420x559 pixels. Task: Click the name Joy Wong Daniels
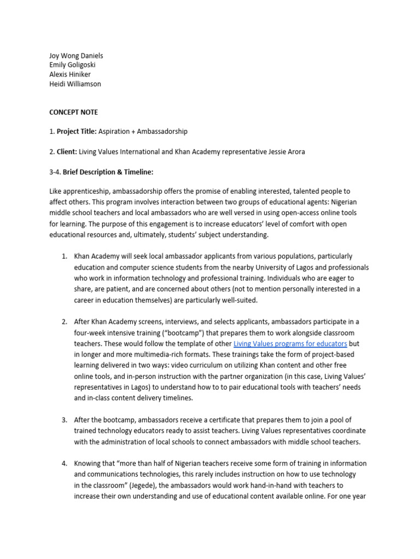(x=76, y=56)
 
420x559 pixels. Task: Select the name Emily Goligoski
(x=73, y=65)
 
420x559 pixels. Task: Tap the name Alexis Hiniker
(x=70, y=74)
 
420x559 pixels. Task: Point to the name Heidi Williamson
(x=75, y=84)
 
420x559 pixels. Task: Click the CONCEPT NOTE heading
(x=74, y=112)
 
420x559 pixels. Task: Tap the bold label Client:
(x=67, y=152)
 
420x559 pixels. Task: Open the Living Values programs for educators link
(x=290, y=343)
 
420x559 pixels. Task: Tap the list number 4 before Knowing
(x=64, y=463)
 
